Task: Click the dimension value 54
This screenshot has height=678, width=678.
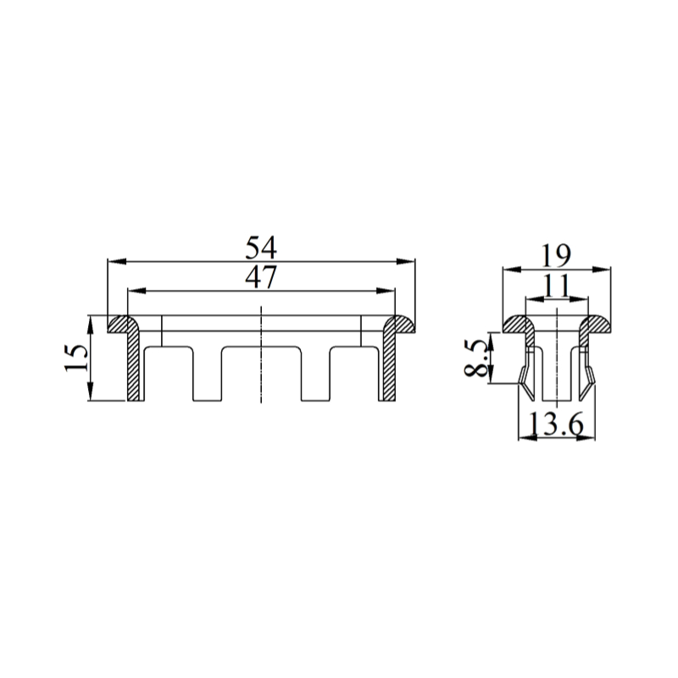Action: (261, 248)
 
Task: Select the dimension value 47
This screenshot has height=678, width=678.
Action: (261, 278)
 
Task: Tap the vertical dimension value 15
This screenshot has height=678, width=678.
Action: (76, 358)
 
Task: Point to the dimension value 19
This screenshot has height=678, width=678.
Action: (556, 256)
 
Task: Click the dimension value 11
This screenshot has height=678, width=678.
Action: (556, 286)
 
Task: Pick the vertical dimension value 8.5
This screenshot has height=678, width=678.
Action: (475, 358)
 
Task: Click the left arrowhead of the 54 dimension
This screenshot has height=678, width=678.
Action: (117, 261)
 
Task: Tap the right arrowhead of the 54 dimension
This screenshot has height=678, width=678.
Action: (406, 261)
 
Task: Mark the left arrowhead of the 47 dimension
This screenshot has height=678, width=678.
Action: (137, 291)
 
